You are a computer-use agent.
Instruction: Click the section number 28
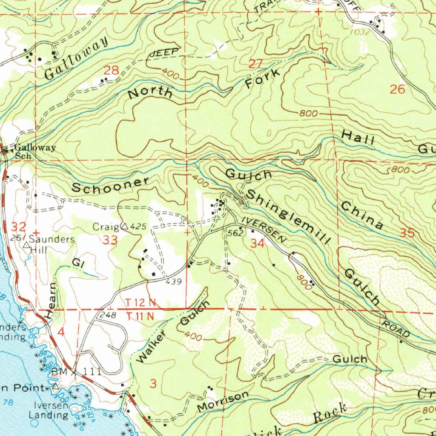(111, 70)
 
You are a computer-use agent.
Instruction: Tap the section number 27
(256, 64)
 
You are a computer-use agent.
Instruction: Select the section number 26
(397, 89)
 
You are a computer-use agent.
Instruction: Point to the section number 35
(407, 233)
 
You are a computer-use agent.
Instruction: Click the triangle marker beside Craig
(125, 227)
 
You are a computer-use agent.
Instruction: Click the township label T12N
(141, 303)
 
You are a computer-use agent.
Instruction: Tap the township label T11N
(141, 316)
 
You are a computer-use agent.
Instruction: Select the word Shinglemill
(288, 217)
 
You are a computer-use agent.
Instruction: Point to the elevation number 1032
(359, 32)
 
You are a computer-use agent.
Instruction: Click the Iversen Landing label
(48, 410)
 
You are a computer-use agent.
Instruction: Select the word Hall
(358, 138)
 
